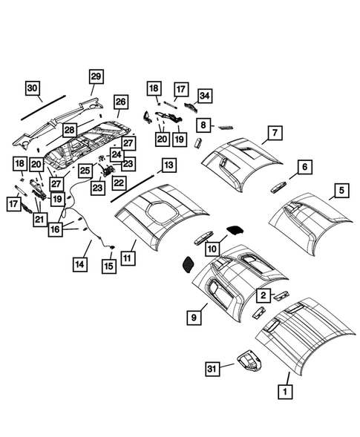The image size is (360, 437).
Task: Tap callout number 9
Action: tap(193, 317)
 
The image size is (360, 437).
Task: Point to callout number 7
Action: tap(274, 134)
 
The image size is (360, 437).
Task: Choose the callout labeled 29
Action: tap(96, 76)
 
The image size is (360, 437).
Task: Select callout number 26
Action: tap(121, 102)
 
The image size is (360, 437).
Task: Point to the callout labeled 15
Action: tap(109, 266)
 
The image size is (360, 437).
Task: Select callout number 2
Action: tap(263, 295)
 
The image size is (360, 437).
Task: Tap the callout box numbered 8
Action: tap(203, 125)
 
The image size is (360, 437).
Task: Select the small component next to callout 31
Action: tap(250, 364)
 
